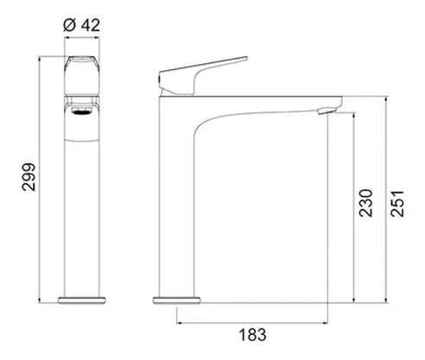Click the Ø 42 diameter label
click(x=82, y=25)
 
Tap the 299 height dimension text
click(x=29, y=177)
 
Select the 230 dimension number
click(x=365, y=203)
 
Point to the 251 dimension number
click(x=397, y=203)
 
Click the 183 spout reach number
click(x=253, y=335)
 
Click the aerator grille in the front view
click(x=82, y=111)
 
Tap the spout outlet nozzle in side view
click(x=327, y=111)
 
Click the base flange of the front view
click(x=82, y=300)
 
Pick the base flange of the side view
click(x=176, y=300)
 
